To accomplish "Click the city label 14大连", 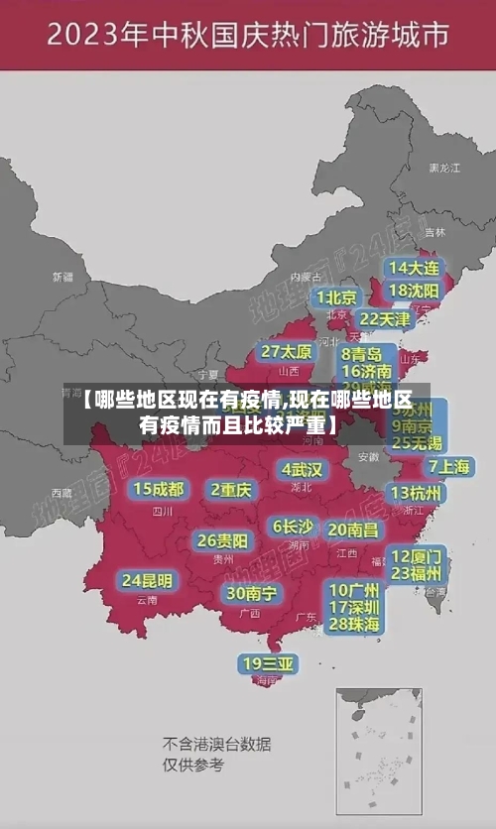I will tap(414, 268).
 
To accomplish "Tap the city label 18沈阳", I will tap(414, 291).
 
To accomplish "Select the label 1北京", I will tap(336, 297).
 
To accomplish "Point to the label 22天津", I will tap(384, 319).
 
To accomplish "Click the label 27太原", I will tap(287, 352).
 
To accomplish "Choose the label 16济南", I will tap(366, 371).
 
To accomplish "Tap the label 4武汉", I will tap(302, 469).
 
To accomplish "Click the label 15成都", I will tap(159, 489).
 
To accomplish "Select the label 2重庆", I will tap(231, 489).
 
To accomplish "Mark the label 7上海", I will tap(448, 467).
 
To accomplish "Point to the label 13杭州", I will tap(417, 493).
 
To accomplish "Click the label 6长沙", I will tap(294, 527).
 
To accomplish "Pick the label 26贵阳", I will tap(222, 540).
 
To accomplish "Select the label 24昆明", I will tap(147, 580).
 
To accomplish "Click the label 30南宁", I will tap(250, 593).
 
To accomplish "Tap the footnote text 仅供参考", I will tap(193, 766).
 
